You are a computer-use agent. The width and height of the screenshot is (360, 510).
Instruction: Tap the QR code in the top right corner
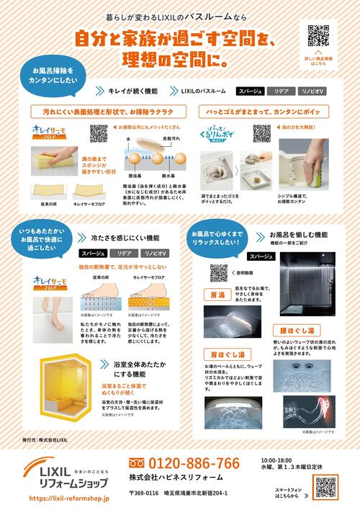318,35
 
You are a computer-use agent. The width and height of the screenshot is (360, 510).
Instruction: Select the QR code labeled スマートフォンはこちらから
325,488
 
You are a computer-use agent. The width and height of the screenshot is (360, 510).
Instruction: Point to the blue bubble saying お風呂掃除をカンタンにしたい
54,78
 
